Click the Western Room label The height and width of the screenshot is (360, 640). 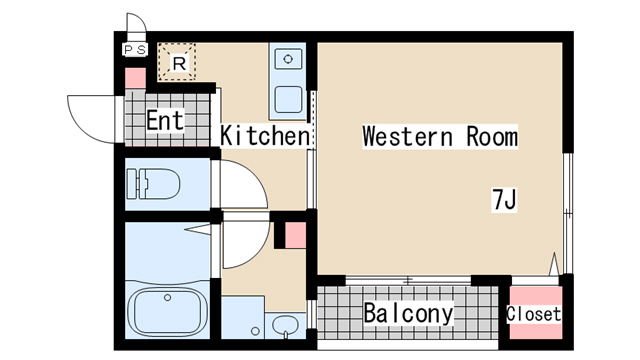tap(440, 136)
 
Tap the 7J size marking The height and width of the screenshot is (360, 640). tap(504, 200)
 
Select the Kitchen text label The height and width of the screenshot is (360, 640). tap(264, 136)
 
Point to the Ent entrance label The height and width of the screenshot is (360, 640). tap(165, 120)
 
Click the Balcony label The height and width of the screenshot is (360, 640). tap(409, 313)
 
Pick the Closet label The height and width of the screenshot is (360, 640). tap(533, 314)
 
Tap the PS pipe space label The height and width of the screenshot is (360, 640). tap(135, 50)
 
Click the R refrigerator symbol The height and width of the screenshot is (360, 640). tap(177, 62)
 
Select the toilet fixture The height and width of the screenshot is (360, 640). tap(153, 184)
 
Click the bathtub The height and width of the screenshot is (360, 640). tap(168, 312)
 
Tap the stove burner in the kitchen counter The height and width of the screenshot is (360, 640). tap(288, 59)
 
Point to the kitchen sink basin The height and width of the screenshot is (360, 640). tap(288, 99)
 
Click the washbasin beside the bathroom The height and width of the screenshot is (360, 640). tap(285, 326)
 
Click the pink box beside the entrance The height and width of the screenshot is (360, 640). tap(135, 78)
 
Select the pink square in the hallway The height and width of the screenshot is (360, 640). tap(295, 235)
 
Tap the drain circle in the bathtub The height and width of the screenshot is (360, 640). tap(167, 298)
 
